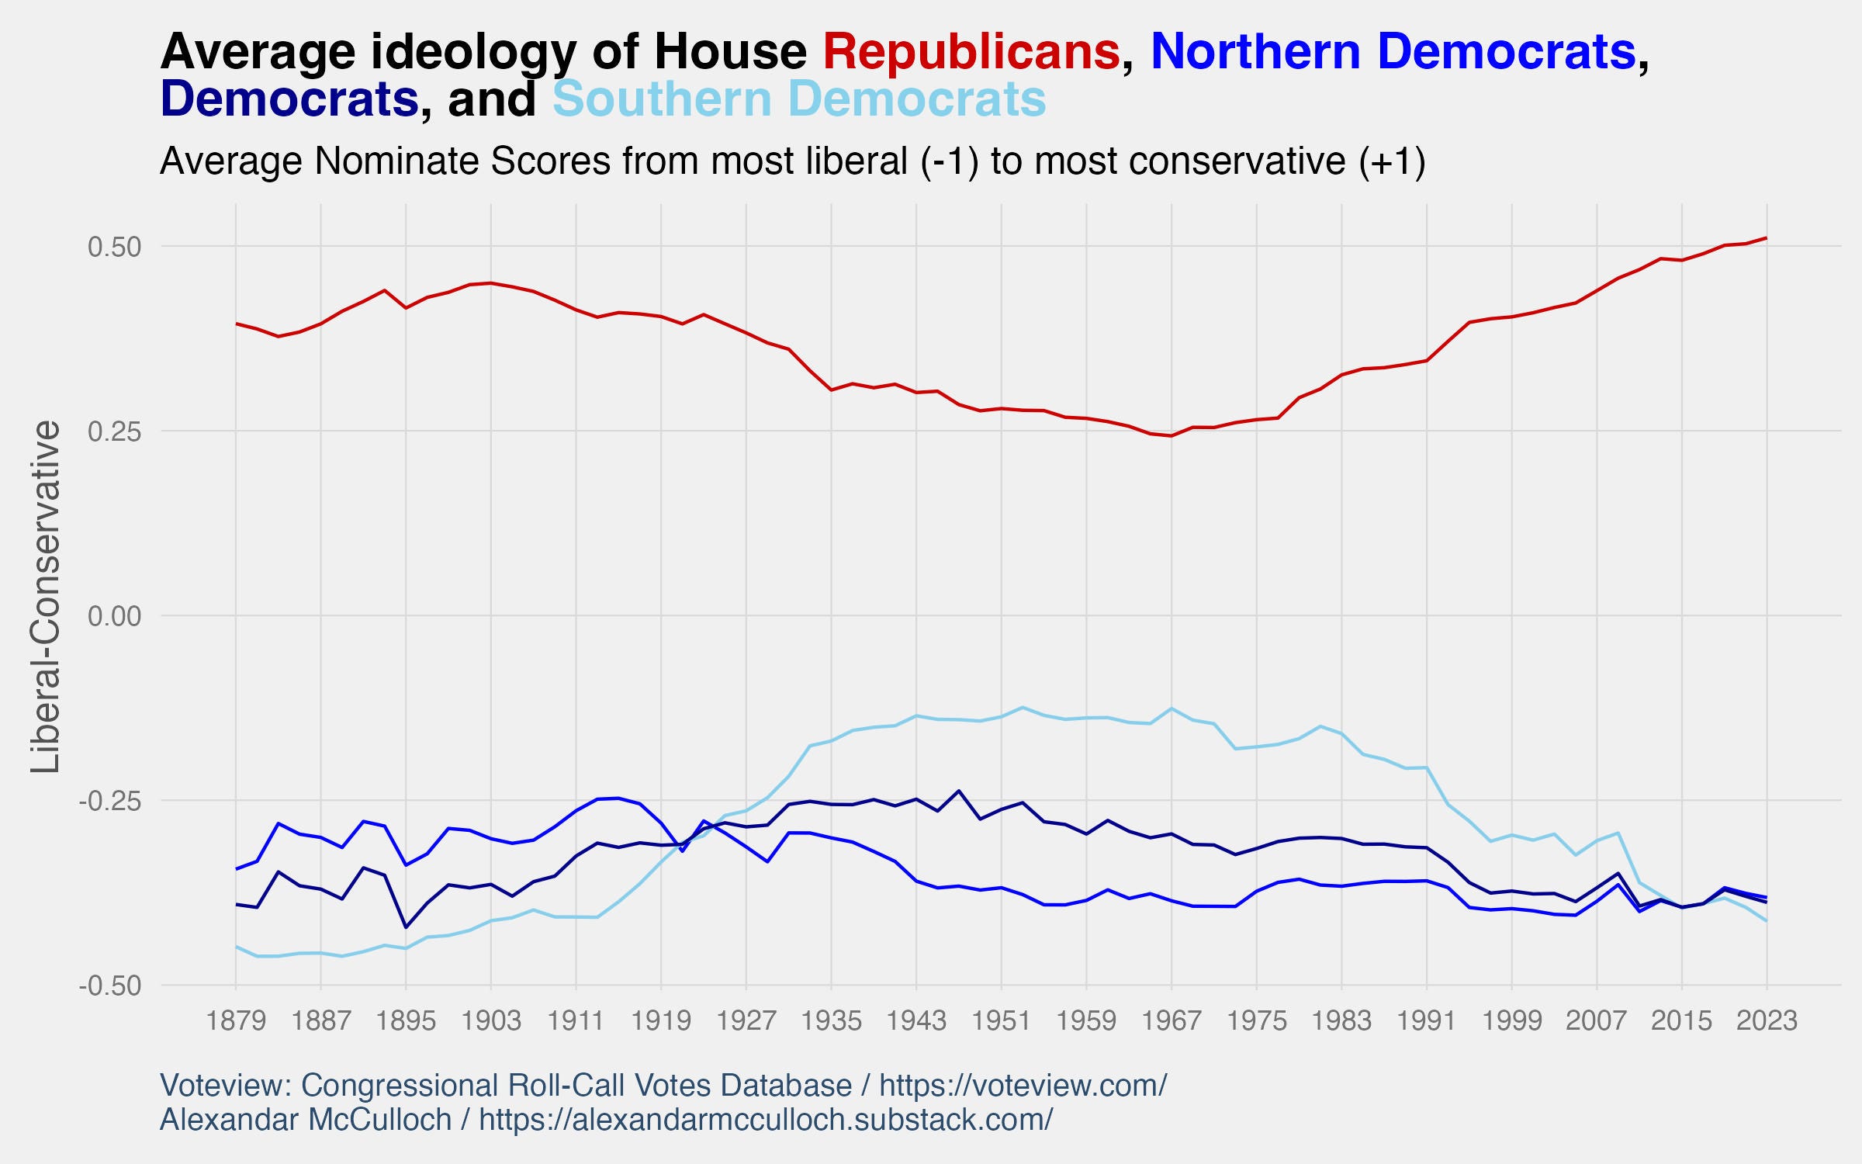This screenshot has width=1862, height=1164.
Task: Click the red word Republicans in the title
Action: pos(971,52)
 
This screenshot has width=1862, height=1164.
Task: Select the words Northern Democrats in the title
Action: pos(1393,52)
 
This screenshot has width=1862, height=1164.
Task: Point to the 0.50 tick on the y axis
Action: pos(114,247)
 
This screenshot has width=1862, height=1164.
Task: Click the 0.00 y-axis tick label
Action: pos(114,616)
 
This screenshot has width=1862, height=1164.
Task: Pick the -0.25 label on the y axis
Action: pos(110,801)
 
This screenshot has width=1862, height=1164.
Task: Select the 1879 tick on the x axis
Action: pos(236,1020)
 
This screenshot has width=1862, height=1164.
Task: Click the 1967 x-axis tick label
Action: pos(1171,1020)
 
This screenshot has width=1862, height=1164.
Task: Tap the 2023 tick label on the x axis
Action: pos(1767,1020)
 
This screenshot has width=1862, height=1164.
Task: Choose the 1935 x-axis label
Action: pos(831,1020)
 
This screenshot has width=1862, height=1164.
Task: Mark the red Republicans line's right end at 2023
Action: pos(1767,237)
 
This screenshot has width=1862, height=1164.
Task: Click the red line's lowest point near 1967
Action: pos(1171,436)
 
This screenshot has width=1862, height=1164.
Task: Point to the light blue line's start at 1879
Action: pos(237,947)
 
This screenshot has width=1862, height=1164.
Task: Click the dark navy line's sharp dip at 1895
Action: pos(406,927)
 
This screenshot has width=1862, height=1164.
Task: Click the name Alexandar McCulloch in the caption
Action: pos(306,1120)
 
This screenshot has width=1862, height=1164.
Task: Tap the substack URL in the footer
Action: pos(766,1120)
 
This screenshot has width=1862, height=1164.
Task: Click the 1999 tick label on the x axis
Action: pos(1511,1020)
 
